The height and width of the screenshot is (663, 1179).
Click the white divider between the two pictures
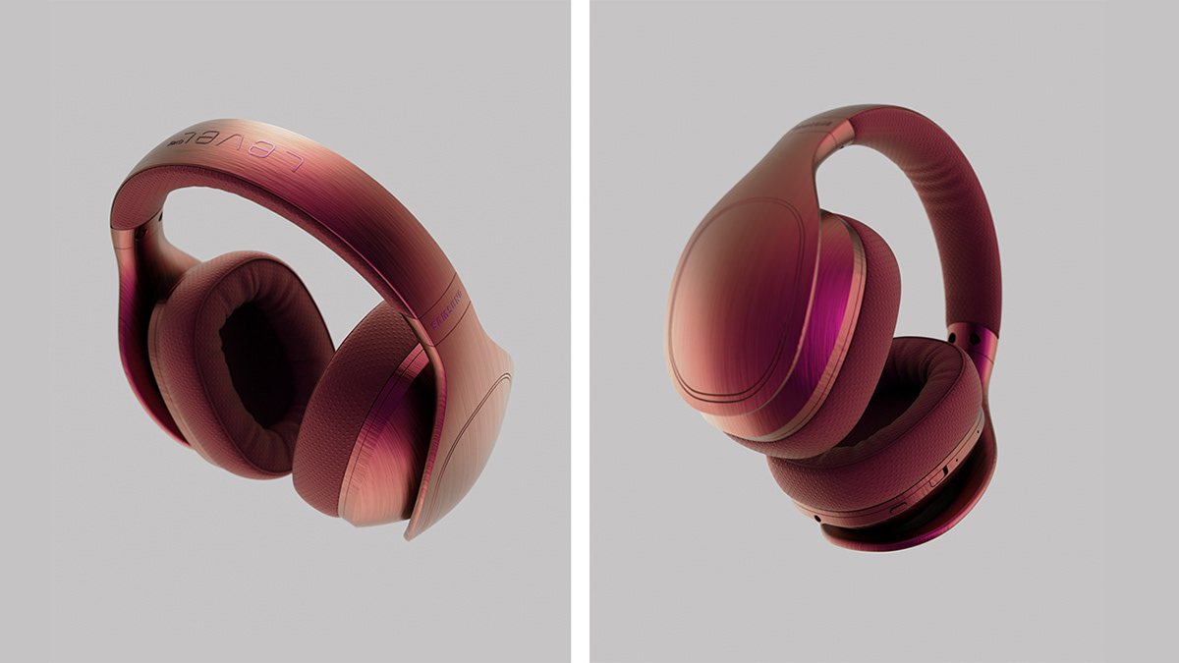[x=580, y=331]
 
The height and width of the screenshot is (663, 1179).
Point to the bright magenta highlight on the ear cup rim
[x=835, y=324]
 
